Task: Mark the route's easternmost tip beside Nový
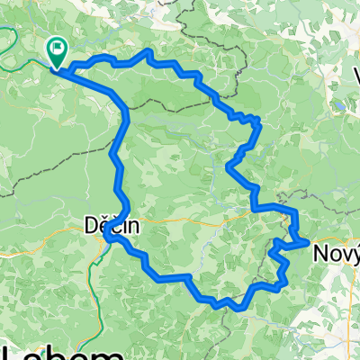(x=309, y=241)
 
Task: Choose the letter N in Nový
(x=320, y=254)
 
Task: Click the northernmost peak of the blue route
(x=148, y=53)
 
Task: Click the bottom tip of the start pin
(x=56, y=67)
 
